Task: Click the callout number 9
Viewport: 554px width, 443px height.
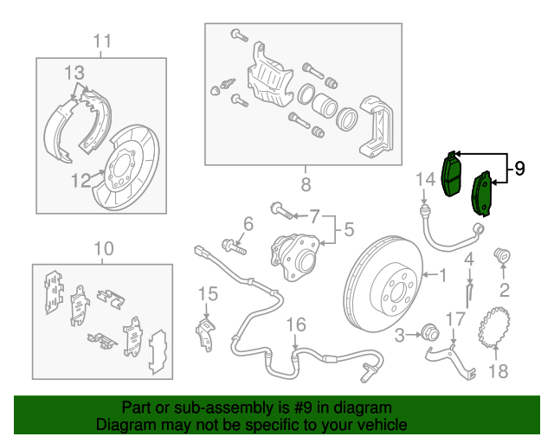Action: click(519, 168)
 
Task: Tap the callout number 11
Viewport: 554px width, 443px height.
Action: click(102, 41)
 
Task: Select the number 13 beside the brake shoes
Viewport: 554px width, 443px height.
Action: click(74, 72)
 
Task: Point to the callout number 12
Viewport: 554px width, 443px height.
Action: click(81, 182)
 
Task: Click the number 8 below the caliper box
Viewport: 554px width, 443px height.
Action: click(305, 184)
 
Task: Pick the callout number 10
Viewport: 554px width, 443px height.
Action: click(102, 249)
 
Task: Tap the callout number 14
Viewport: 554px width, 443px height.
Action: click(424, 180)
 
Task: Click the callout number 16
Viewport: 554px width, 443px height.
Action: click(296, 324)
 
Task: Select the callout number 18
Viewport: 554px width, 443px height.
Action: click(496, 372)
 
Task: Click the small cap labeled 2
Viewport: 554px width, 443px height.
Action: click(500, 255)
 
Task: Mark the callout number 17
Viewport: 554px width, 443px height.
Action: click(456, 319)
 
